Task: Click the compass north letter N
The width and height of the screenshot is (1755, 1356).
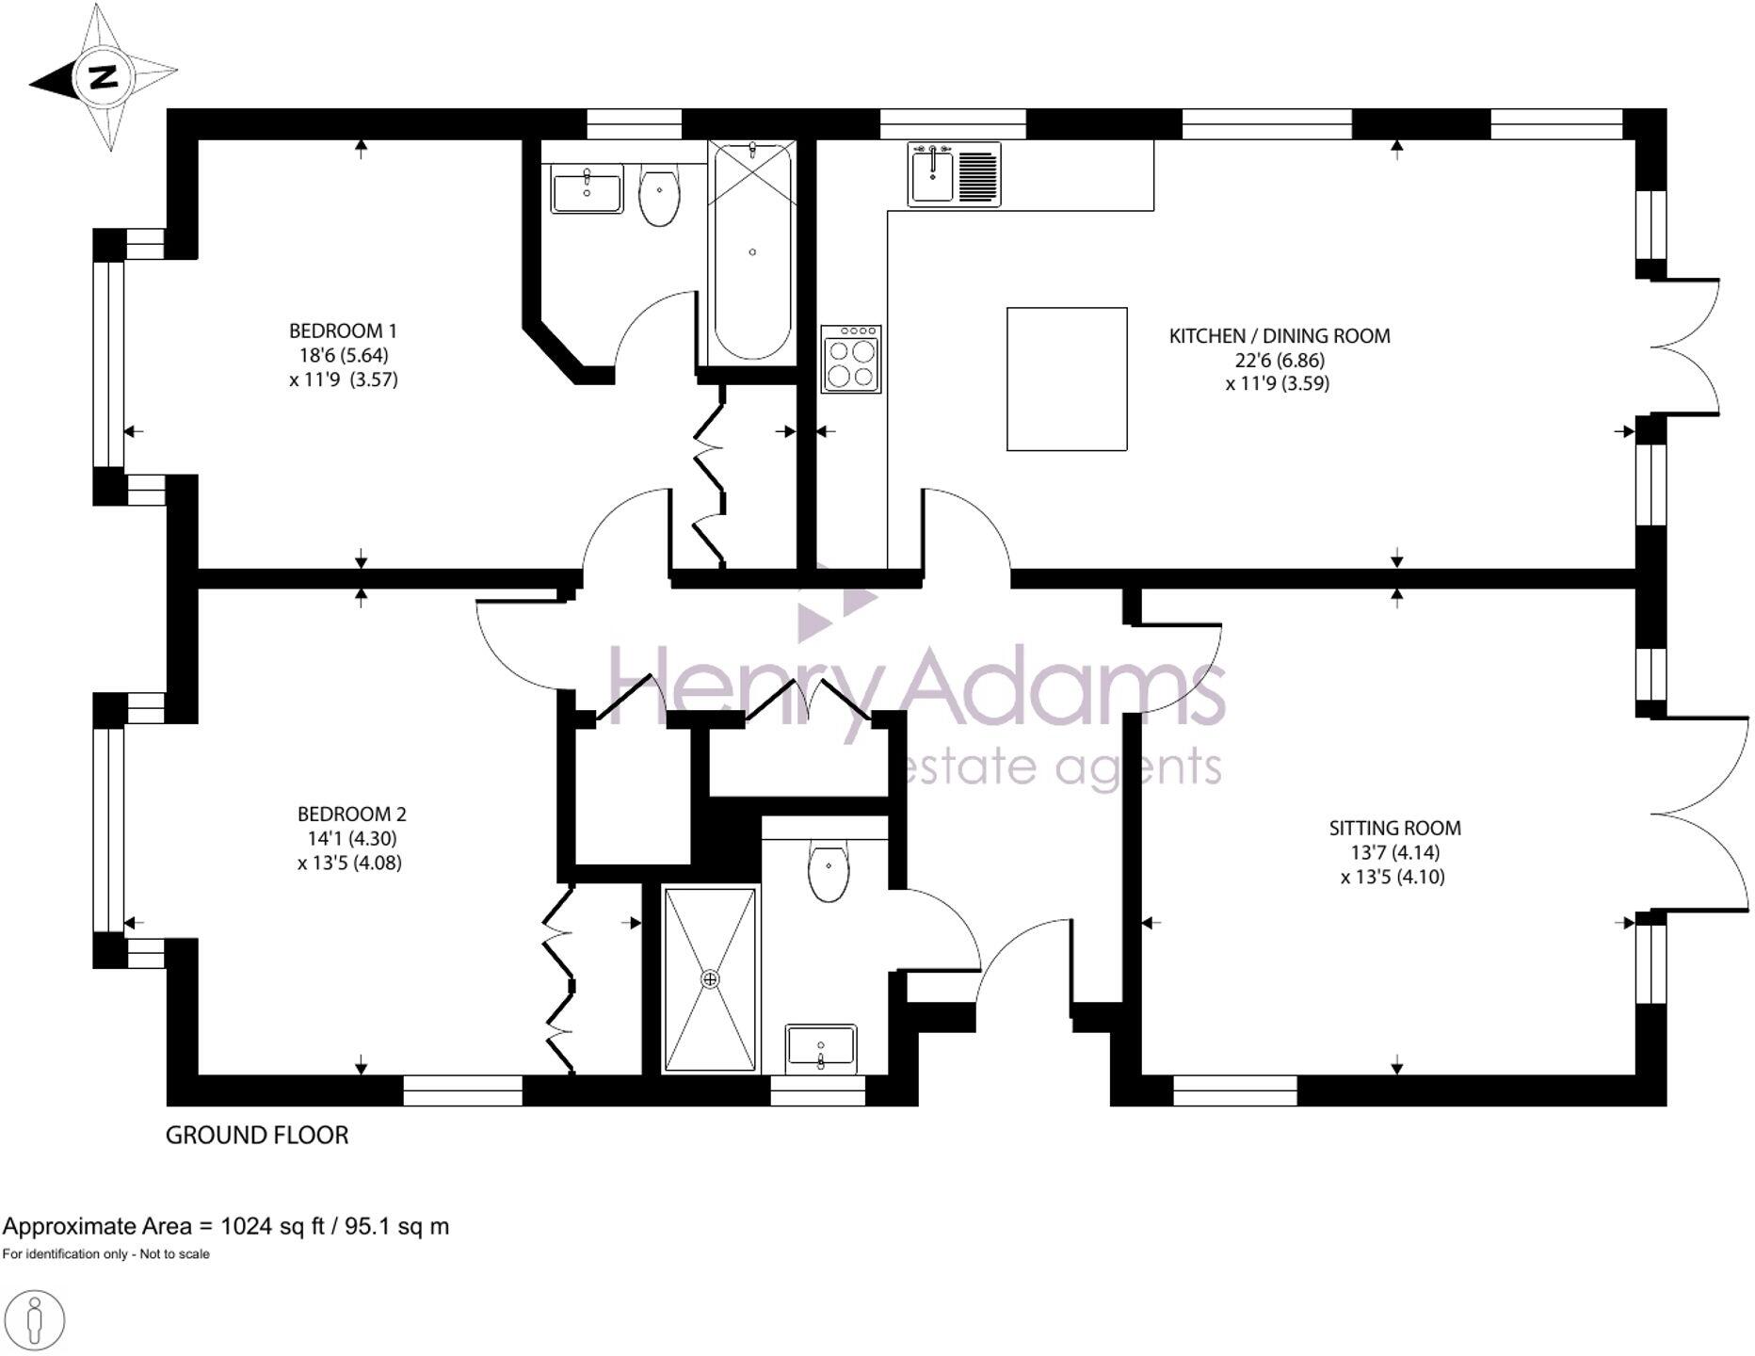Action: (102, 76)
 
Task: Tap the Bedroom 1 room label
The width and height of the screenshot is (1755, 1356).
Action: (343, 331)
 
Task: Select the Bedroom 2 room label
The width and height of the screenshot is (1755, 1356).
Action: (351, 814)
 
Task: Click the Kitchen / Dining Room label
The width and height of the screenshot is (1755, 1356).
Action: (1279, 335)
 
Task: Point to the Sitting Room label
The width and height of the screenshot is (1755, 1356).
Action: (1394, 828)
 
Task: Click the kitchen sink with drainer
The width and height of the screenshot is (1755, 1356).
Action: (953, 174)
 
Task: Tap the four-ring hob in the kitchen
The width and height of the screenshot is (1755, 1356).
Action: (850, 359)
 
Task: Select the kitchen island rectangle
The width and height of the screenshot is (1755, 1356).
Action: (1067, 379)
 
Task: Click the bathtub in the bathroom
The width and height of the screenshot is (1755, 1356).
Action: (751, 251)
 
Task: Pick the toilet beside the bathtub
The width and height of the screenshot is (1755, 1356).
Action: (659, 196)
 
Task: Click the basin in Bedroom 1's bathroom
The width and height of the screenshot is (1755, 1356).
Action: (587, 189)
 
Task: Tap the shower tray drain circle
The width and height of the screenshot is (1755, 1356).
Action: (710, 979)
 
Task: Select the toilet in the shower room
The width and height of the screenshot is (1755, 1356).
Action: (829, 869)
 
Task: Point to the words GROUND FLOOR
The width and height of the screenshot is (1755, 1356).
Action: (256, 1135)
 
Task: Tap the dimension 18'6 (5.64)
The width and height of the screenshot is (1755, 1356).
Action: (343, 355)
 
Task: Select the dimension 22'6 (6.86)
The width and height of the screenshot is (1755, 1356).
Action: (1279, 360)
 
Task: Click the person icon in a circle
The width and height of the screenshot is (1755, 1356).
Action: (34, 1321)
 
